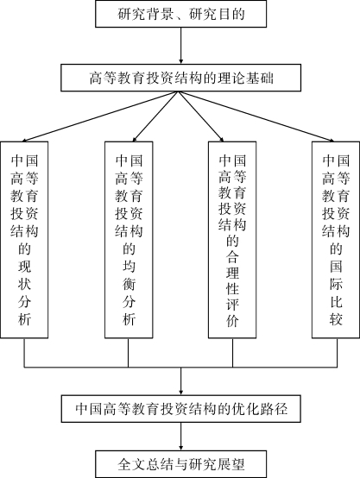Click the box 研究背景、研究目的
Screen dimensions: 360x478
181,14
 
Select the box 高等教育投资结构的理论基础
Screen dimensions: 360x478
181,78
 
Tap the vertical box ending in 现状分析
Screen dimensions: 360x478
24,240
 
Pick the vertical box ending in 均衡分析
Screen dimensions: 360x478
129,240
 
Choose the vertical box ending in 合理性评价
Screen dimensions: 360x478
232,240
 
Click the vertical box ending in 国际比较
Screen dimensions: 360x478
336,240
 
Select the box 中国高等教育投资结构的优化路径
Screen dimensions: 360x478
181,409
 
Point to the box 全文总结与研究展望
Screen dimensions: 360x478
181,464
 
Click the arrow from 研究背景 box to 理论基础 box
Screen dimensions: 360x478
181,46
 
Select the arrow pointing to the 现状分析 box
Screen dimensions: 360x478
100,116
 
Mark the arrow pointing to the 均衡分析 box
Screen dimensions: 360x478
155,116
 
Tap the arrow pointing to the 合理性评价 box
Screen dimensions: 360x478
201,116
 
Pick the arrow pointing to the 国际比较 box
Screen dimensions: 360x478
256,116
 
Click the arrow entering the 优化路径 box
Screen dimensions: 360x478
181,381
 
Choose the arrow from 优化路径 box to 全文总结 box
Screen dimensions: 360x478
181,437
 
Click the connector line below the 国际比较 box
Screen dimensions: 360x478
337,353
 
